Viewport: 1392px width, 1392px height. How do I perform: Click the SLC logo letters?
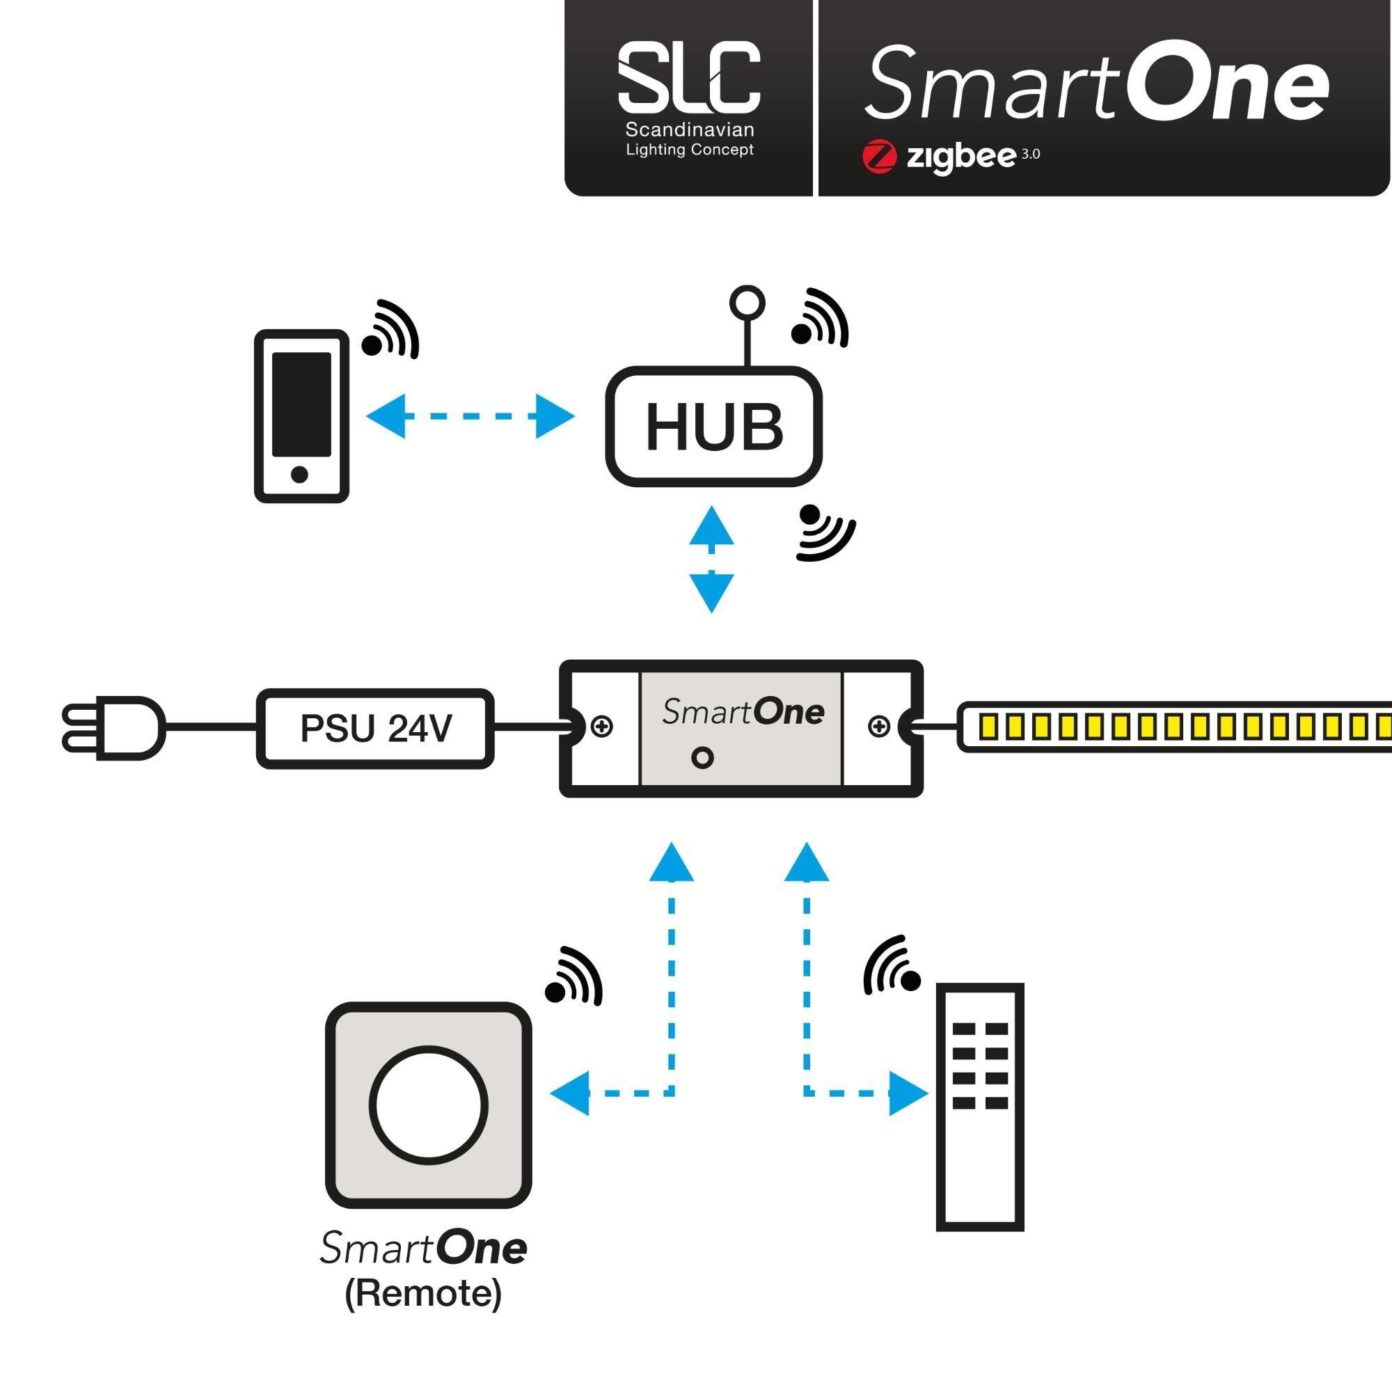[x=689, y=77]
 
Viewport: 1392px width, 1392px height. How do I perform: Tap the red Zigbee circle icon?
[x=879, y=157]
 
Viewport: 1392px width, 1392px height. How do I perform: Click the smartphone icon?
[x=301, y=416]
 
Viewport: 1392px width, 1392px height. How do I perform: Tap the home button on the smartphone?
[x=300, y=474]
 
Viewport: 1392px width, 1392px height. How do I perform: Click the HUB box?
[x=713, y=427]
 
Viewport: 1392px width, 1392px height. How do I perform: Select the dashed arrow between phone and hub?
[x=470, y=416]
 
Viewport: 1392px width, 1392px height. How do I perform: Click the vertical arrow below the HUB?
[x=712, y=559]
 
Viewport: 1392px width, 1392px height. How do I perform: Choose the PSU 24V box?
[x=375, y=729]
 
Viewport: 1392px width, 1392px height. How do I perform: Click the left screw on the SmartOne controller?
[x=601, y=726]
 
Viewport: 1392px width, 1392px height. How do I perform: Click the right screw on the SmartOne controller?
[x=879, y=726]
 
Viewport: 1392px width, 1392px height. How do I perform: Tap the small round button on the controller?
[x=702, y=757]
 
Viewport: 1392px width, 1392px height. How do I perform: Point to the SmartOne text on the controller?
[x=743, y=712]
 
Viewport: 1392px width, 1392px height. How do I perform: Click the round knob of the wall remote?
[x=428, y=1105]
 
